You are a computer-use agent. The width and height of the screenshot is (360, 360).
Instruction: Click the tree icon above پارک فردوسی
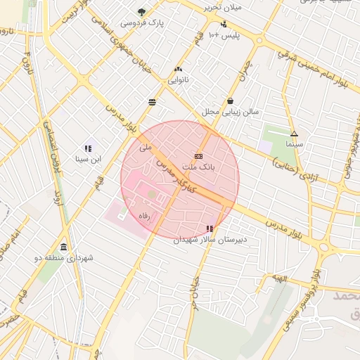(x=141, y=12)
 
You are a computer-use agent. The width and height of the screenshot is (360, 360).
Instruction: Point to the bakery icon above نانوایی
(x=178, y=70)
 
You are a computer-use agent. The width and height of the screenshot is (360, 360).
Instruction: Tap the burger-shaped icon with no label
(x=153, y=102)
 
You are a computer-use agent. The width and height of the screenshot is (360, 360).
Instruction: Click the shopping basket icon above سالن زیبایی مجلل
(x=231, y=101)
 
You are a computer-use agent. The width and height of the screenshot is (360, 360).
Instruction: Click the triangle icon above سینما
(x=293, y=133)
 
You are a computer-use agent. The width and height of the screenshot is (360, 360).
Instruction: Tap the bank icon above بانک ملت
(x=198, y=156)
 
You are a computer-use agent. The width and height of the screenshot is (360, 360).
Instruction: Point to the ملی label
(x=146, y=148)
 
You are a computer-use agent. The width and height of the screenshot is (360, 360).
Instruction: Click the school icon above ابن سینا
(x=88, y=148)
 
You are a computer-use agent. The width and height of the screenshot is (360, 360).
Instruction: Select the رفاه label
(x=146, y=219)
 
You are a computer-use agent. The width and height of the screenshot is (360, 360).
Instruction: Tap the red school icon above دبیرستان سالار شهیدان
(x=210, y=229)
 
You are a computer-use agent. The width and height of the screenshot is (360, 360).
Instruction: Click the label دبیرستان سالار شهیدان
(x=211, y=240)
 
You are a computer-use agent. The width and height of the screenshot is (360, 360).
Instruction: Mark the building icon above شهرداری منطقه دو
(x=64, y=247)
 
